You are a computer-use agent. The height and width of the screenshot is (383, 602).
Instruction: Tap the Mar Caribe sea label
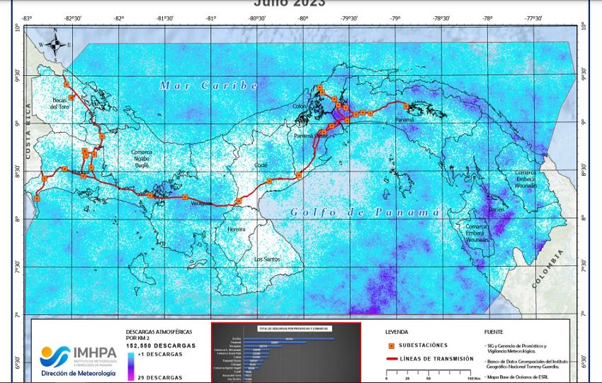click(209, 85)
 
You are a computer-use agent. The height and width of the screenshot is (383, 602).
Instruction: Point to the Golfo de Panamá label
click(365, 213)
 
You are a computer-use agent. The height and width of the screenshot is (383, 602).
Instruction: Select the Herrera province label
click(236, 230)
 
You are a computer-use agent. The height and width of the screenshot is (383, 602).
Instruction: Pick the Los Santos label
click(267, 259)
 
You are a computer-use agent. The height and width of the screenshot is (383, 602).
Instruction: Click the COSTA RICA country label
click(29, 135)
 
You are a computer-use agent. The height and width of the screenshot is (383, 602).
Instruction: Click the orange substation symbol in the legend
click(392, 346)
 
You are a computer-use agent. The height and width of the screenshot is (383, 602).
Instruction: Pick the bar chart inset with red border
click(285, 353)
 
